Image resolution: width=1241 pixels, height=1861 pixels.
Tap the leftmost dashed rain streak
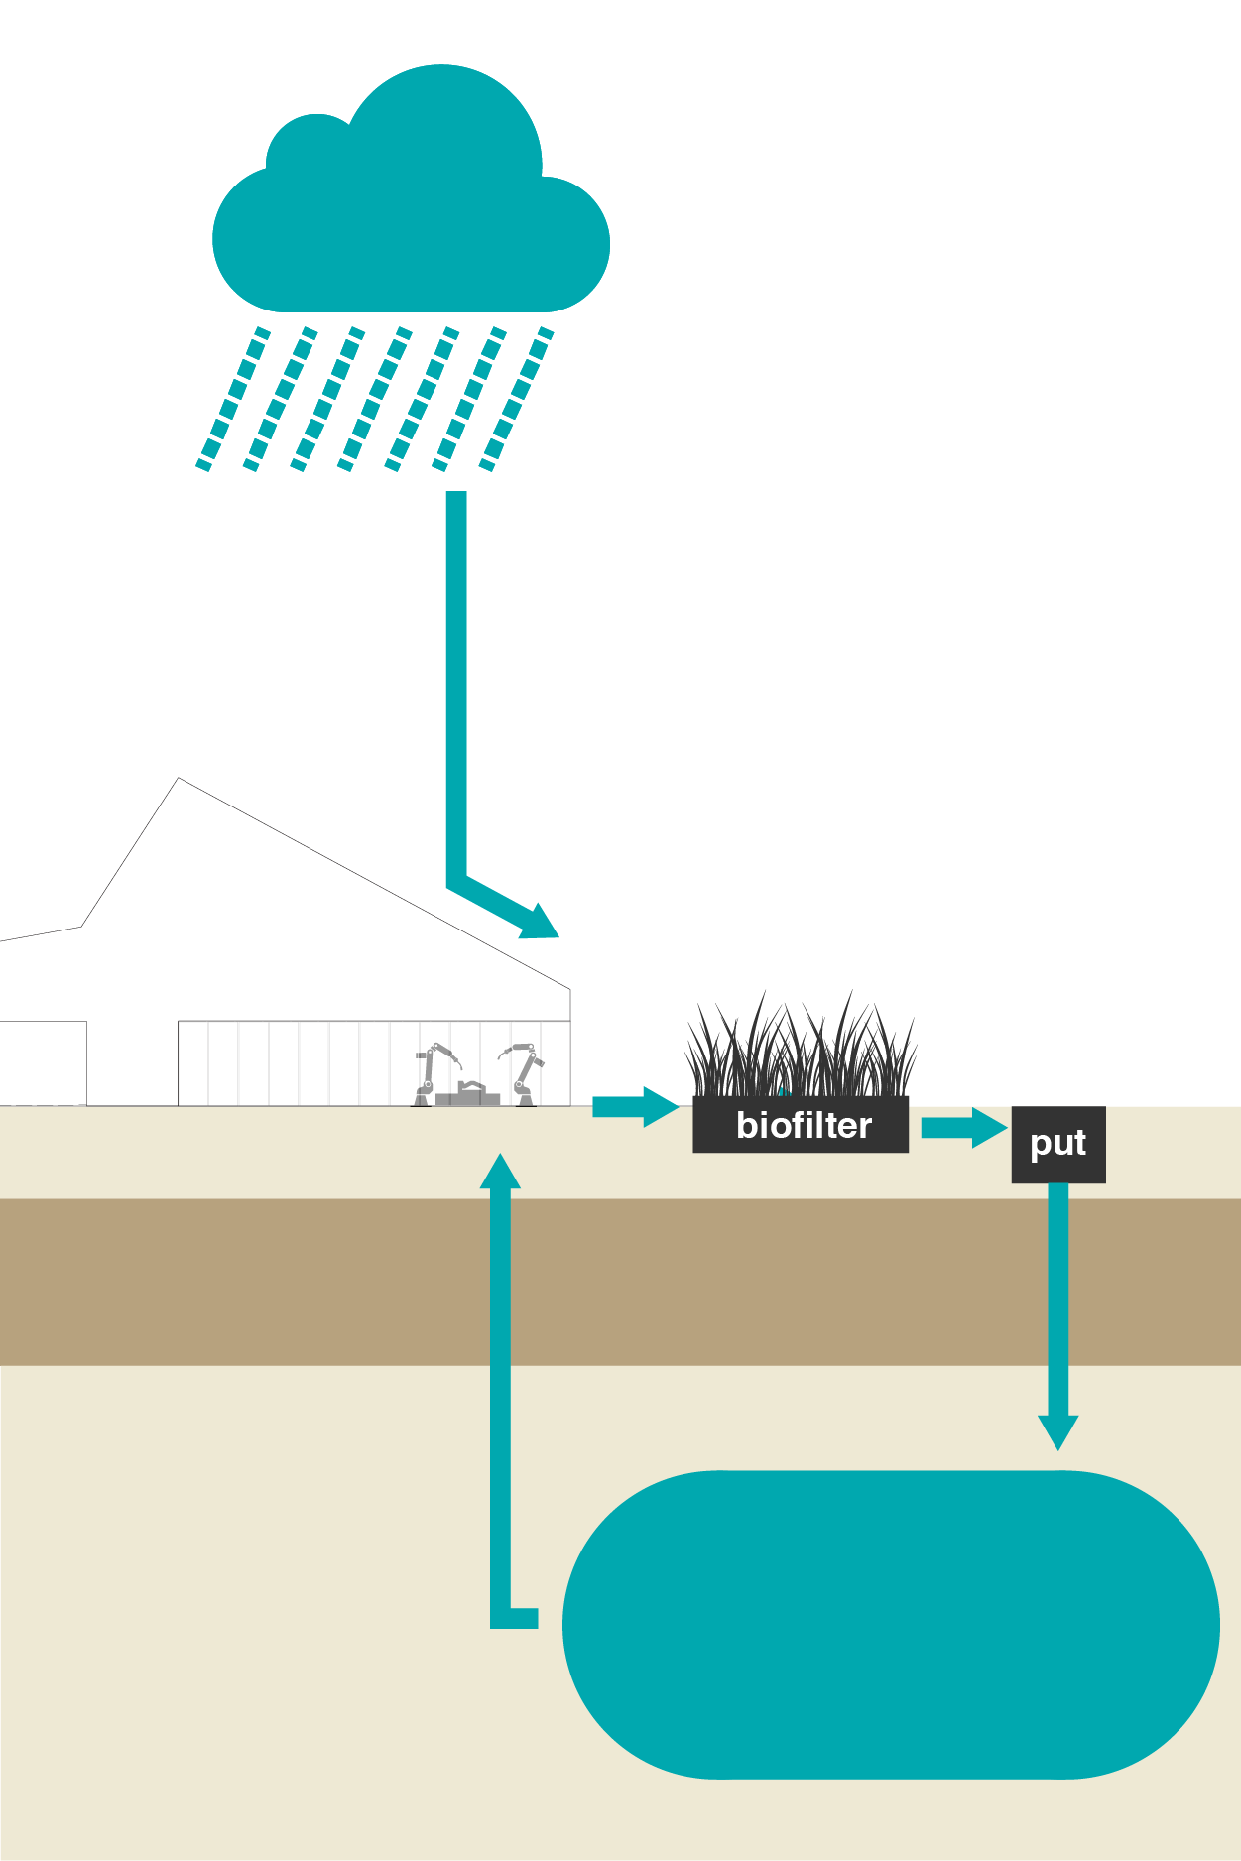tap(233, 399)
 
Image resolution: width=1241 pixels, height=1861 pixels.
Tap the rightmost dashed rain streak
tap(516, 399)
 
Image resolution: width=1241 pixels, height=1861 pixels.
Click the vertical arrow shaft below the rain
tap(456, 684)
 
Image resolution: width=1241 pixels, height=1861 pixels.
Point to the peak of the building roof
tap(179, 780)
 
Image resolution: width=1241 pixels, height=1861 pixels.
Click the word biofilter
tap(804, 1126)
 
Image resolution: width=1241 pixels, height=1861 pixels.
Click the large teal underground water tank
tap(891, 1625)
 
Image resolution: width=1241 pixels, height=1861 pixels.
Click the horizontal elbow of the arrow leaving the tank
tap(516, 1618)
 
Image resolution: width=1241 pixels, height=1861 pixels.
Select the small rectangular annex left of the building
tap(43, 1062)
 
